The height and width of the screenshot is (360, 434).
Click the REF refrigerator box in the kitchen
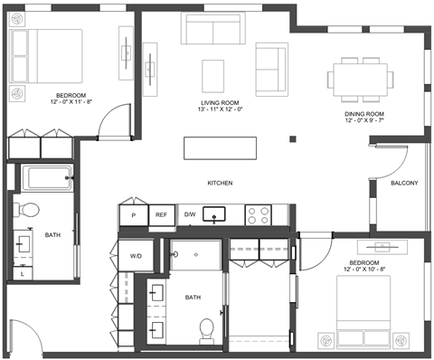[162, 215]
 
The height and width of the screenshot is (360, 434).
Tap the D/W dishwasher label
[190, 214]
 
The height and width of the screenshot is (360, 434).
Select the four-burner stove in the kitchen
[259, 215]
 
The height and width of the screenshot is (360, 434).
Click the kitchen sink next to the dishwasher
[214, 214]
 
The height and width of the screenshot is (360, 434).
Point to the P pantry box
[134, 215]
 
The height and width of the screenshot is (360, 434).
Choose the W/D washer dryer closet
[136, 256]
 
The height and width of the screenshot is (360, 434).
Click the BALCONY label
[404, 183]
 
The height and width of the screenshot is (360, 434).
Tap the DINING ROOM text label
[364, 114]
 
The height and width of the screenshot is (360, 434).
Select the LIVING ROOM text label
[220, 103]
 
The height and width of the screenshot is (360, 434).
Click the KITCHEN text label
[220, 183]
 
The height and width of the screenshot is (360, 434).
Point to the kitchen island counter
[221, 148]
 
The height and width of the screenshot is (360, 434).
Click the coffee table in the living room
[213, 76]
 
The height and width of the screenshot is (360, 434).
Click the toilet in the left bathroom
[26, 210]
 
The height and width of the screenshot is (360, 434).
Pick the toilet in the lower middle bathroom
[207, 331]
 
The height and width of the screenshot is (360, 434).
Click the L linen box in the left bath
[23, 273]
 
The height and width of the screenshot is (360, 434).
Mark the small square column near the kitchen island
[293, 139]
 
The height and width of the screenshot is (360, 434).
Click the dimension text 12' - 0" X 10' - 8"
[364, 270]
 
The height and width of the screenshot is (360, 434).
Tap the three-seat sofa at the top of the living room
[213, 28]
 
